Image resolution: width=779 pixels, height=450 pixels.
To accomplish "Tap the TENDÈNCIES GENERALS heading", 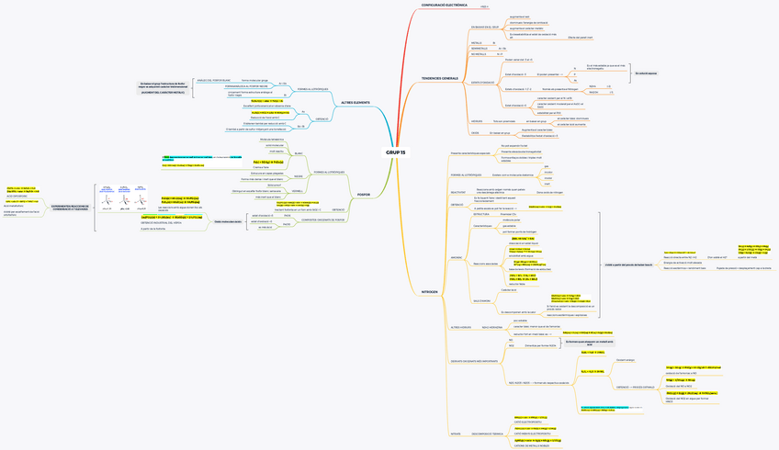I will pos(439,78).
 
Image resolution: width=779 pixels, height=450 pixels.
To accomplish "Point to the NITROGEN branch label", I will pos(429,291).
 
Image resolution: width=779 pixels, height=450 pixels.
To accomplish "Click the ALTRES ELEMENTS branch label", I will pos(355,102).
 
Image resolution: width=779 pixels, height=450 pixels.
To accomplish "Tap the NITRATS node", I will pos(455,433).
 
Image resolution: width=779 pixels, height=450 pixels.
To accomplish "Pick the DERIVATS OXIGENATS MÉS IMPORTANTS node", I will pos(474,361).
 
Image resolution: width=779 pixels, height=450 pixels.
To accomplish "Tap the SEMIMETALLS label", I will pos(479,48).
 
